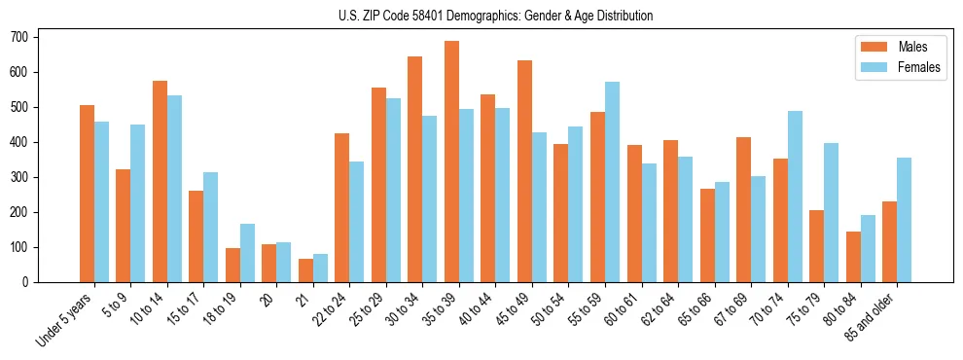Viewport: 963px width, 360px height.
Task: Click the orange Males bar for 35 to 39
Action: click(451, 162)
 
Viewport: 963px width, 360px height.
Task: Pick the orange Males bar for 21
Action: click(305, 270)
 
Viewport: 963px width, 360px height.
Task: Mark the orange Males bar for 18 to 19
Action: click(232, 265)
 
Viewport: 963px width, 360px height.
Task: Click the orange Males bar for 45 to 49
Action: click(524, 171)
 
